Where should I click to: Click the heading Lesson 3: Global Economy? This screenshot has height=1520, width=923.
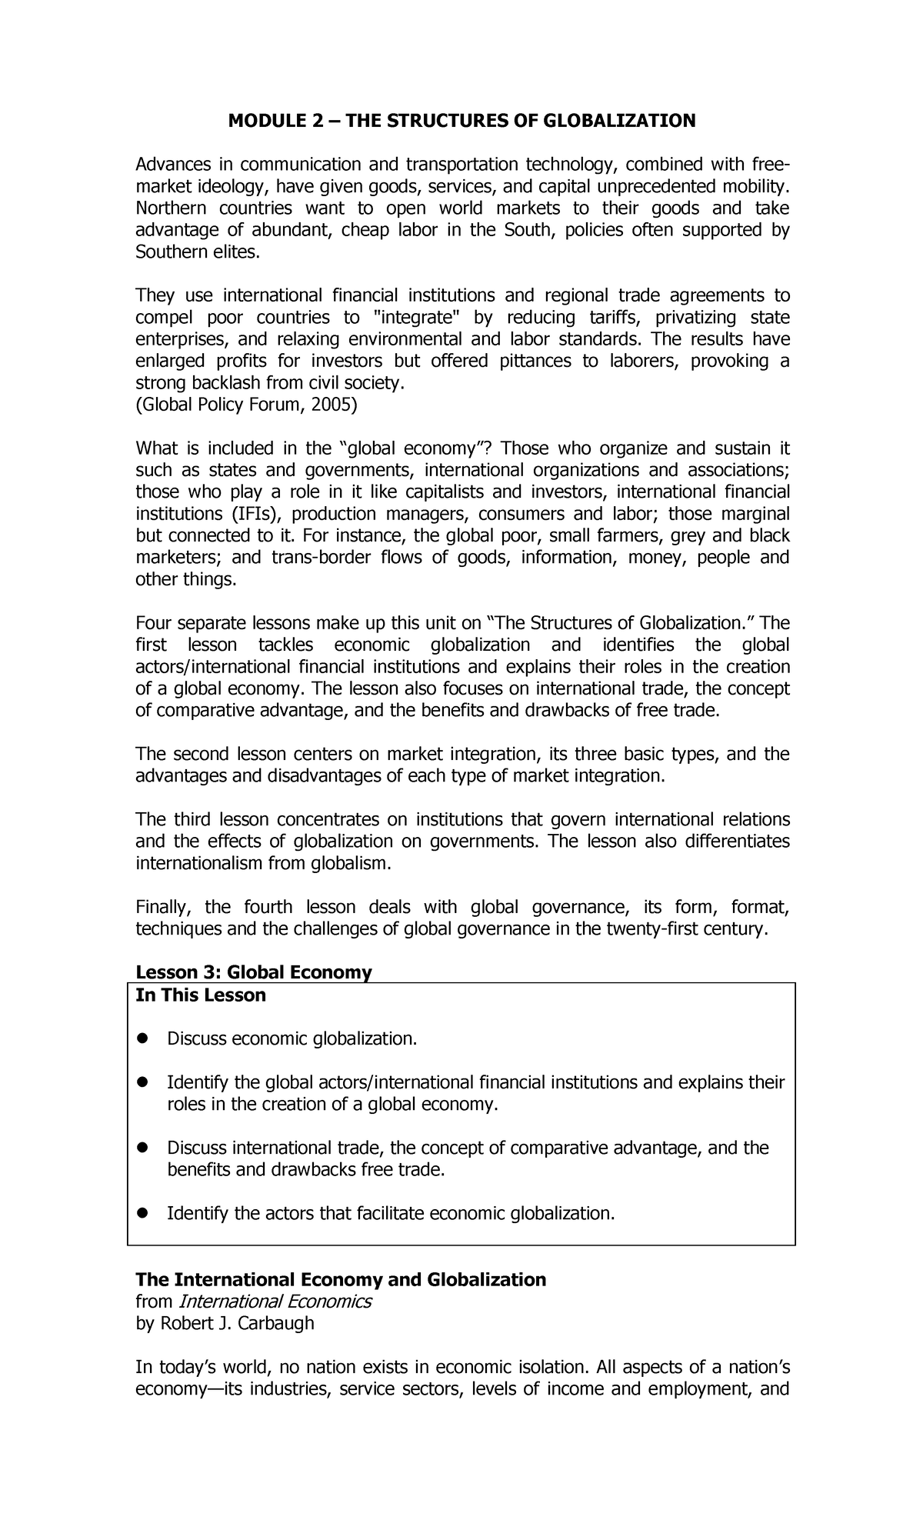pos(253,972)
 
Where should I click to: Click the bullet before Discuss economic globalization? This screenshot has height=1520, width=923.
pos(142,1039)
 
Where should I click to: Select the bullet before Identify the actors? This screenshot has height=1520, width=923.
pos(142,1214)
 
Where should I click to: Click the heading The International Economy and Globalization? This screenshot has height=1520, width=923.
pos(340,1279)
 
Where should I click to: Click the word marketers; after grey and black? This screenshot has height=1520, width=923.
pos(178,558)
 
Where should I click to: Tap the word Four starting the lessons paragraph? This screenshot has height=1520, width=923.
pos(153,623)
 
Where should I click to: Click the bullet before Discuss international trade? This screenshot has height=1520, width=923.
pos(142,1148)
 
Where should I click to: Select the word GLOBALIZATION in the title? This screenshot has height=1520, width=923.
pos(620,121)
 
